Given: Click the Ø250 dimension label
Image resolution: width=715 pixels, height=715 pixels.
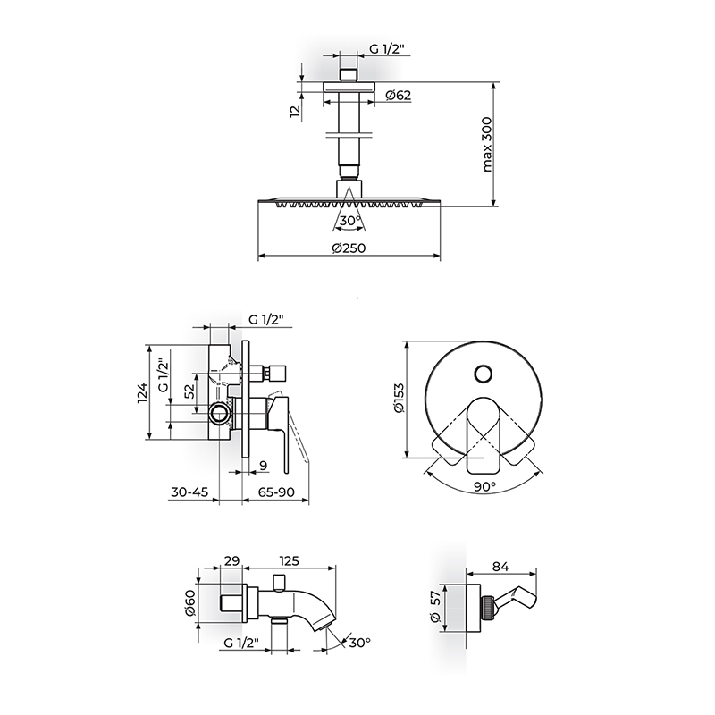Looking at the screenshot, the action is pos(349,248).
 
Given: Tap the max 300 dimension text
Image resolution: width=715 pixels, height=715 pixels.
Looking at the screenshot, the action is pos(487,145).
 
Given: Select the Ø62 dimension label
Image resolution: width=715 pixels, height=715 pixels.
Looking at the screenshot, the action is pos(398,96).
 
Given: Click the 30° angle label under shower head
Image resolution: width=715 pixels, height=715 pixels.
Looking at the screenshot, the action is pos(350,221).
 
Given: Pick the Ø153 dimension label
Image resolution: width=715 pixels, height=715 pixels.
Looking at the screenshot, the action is pos(399,398).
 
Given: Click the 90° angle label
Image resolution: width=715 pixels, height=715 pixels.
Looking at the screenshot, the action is pos(484,486).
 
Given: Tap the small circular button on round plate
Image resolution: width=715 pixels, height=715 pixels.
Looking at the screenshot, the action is pos(483,374).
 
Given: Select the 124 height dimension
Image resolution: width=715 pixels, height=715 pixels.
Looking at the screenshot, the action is pos(143,392).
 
